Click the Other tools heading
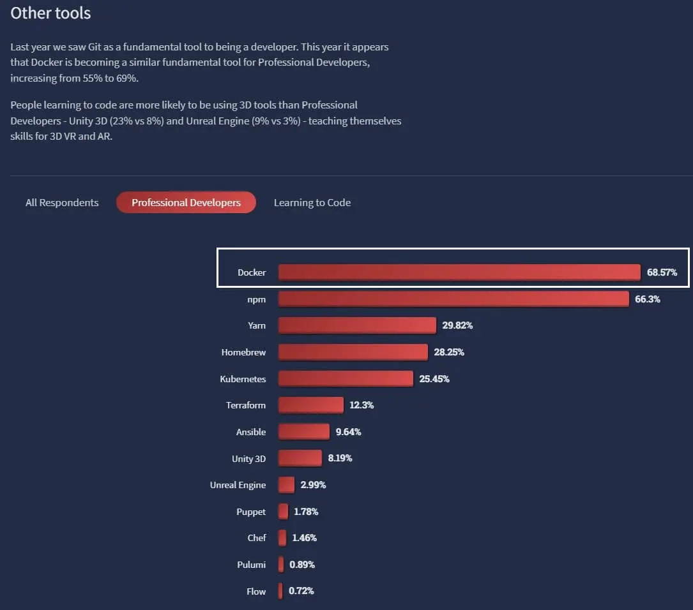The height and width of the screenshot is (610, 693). click(x=50, y=13)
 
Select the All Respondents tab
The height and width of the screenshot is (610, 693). click(x=62, y=203)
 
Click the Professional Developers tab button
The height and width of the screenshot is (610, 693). click(x=186, y=203)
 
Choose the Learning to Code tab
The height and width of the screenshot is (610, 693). click(x=312, y=203)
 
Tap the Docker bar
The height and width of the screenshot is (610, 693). click(x=459, y=272)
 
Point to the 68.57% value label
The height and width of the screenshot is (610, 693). click(x=662, y=272)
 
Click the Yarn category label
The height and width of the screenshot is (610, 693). click(x=257, y=325)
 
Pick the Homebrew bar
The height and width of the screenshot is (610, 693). click(x=353, y=352)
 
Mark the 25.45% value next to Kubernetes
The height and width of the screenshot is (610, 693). click(x=434, y=379)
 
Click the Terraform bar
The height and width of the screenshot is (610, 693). click(x=310, y=405)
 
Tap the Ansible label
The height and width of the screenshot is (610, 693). click(x=251, y=432)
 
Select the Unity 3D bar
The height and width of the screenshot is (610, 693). click(x=300, y=458)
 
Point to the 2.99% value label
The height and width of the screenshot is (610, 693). click(x=313, y=485)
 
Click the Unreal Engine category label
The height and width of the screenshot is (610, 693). click(x=238, y=485)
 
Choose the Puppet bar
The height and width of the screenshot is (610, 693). click(x=283, y=512)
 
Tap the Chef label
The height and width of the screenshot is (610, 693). click(x=257, y=538)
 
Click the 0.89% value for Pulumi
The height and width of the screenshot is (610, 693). click(x=302, y=565)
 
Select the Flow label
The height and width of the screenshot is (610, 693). click(x=256, y=591)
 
